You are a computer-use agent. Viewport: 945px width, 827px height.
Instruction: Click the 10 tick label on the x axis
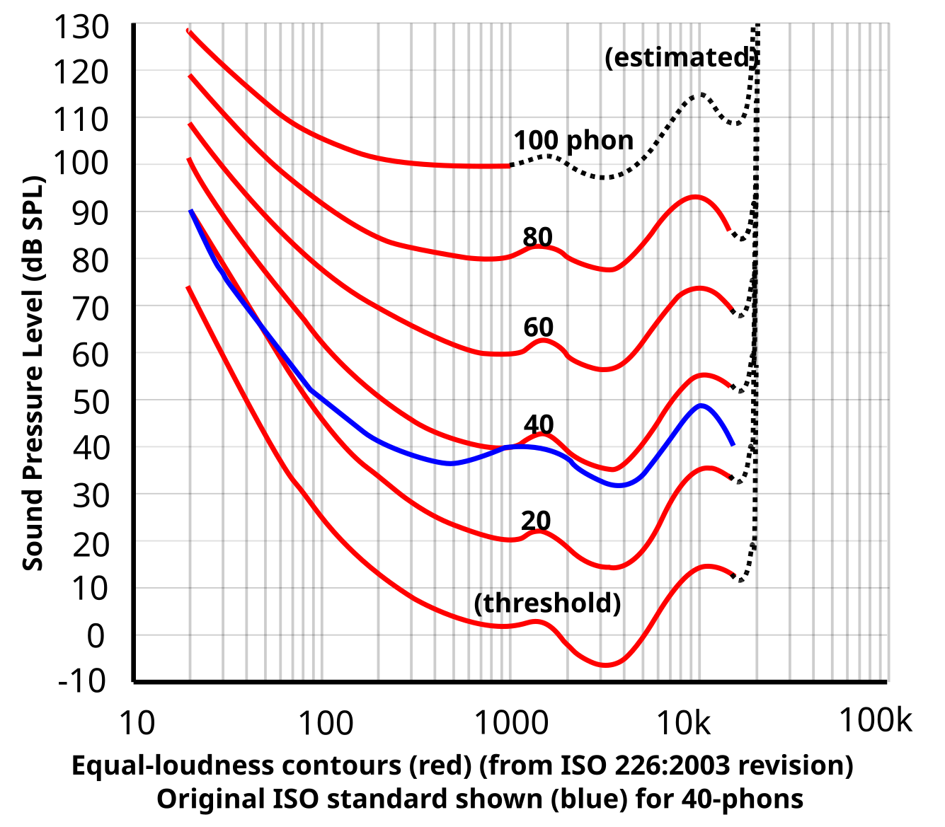[136, 723]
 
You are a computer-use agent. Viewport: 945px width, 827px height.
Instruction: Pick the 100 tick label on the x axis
[325, 723]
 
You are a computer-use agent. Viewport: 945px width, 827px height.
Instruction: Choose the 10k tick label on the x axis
[683, 723]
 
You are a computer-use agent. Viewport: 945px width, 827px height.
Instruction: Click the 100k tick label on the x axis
[876, 720]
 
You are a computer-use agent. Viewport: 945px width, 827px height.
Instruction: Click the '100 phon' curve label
[573, 140]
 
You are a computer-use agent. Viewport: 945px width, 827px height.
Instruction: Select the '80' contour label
[537, 236]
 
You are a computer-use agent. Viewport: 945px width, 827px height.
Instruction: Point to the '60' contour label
[538, 327]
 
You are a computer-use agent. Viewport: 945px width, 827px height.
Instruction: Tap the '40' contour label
[538, 424]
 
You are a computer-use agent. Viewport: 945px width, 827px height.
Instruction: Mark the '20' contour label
[536, 521]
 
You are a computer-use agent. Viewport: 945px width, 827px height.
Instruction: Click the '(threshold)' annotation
[547, 603]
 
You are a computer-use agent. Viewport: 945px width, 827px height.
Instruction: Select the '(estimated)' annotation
[681, 57]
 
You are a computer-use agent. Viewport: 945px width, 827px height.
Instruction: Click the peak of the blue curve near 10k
[701, 405]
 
